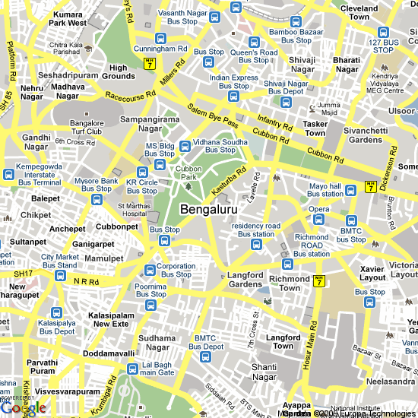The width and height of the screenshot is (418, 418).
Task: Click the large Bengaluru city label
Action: (209, 208)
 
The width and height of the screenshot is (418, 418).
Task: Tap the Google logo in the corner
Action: (24, 408)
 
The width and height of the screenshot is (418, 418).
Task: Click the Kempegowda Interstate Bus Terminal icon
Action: (8, 174)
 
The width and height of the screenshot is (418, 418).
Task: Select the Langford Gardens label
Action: (245, 280)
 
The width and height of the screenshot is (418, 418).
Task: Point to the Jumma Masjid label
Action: (328, 108)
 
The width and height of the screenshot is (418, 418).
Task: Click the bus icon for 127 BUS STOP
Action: (380, 36)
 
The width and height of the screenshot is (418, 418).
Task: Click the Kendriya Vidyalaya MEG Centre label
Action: (393, 83)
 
